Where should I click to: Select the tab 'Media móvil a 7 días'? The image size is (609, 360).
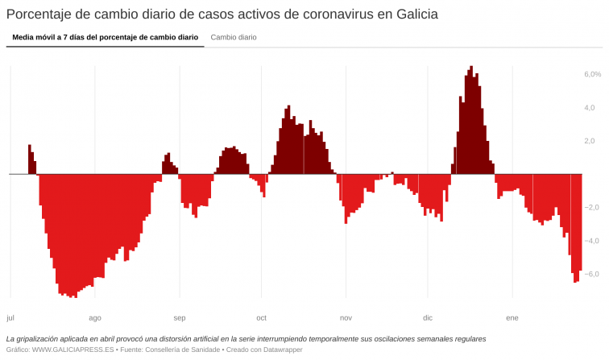105,37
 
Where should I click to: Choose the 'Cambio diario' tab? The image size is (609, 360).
234,37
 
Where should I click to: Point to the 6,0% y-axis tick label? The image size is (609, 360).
592,74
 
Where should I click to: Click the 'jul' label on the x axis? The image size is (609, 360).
10,317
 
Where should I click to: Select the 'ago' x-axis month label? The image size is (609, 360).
95,317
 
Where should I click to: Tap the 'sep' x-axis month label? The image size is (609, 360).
180,317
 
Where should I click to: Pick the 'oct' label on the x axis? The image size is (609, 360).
261,317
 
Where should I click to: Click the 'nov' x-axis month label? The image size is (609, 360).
346,317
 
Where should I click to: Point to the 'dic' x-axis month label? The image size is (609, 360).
428,317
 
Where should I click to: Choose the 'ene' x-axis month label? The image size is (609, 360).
512,317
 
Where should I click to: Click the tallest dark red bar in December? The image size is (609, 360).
472,121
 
